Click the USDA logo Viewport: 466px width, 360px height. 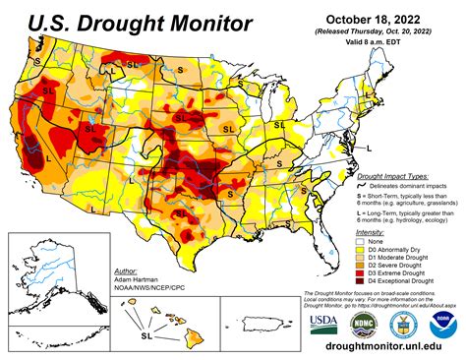pyautogui.click(x=321, y=324)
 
